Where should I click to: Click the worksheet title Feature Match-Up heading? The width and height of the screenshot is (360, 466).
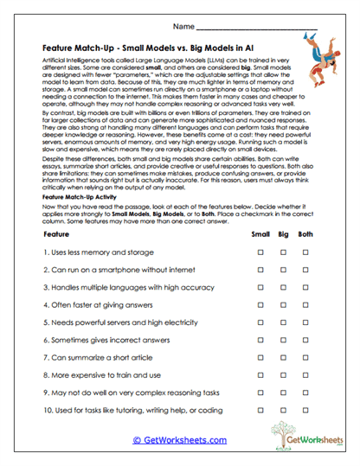pyautogui.click(x=159, y=49)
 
